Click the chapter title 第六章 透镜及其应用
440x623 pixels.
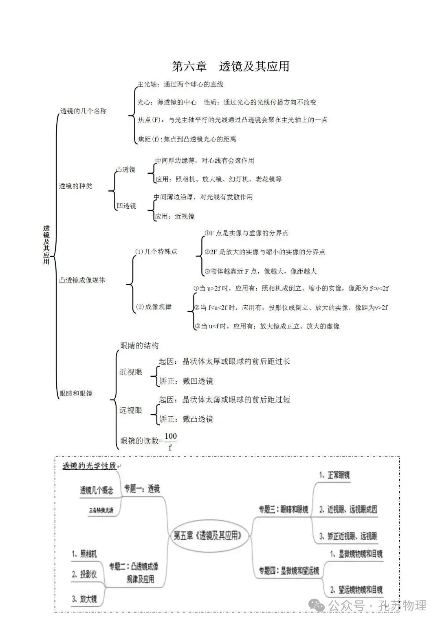click(230, 66)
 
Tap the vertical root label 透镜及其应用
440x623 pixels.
click(46, 245)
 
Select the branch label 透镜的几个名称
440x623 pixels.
click(84, 110)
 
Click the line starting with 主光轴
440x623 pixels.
click(180, 84)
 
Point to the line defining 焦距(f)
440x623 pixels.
click(187, 139)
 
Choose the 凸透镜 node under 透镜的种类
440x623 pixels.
click(125, 169)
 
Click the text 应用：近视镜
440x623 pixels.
click(174, 216)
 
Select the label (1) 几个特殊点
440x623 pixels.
click(156, 252)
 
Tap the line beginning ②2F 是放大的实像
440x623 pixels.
click(265, 252)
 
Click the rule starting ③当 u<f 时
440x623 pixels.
click(267, 326)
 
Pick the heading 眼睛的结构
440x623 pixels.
click(139, 345)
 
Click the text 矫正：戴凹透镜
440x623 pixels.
click(186, 381)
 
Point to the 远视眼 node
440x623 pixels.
click(131, 410)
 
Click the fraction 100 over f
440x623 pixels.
click(170, 441)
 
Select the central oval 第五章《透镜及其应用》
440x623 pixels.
click(208, 535)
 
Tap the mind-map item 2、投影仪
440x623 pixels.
click(84, 574)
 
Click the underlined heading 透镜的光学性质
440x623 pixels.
click(90, 466)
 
